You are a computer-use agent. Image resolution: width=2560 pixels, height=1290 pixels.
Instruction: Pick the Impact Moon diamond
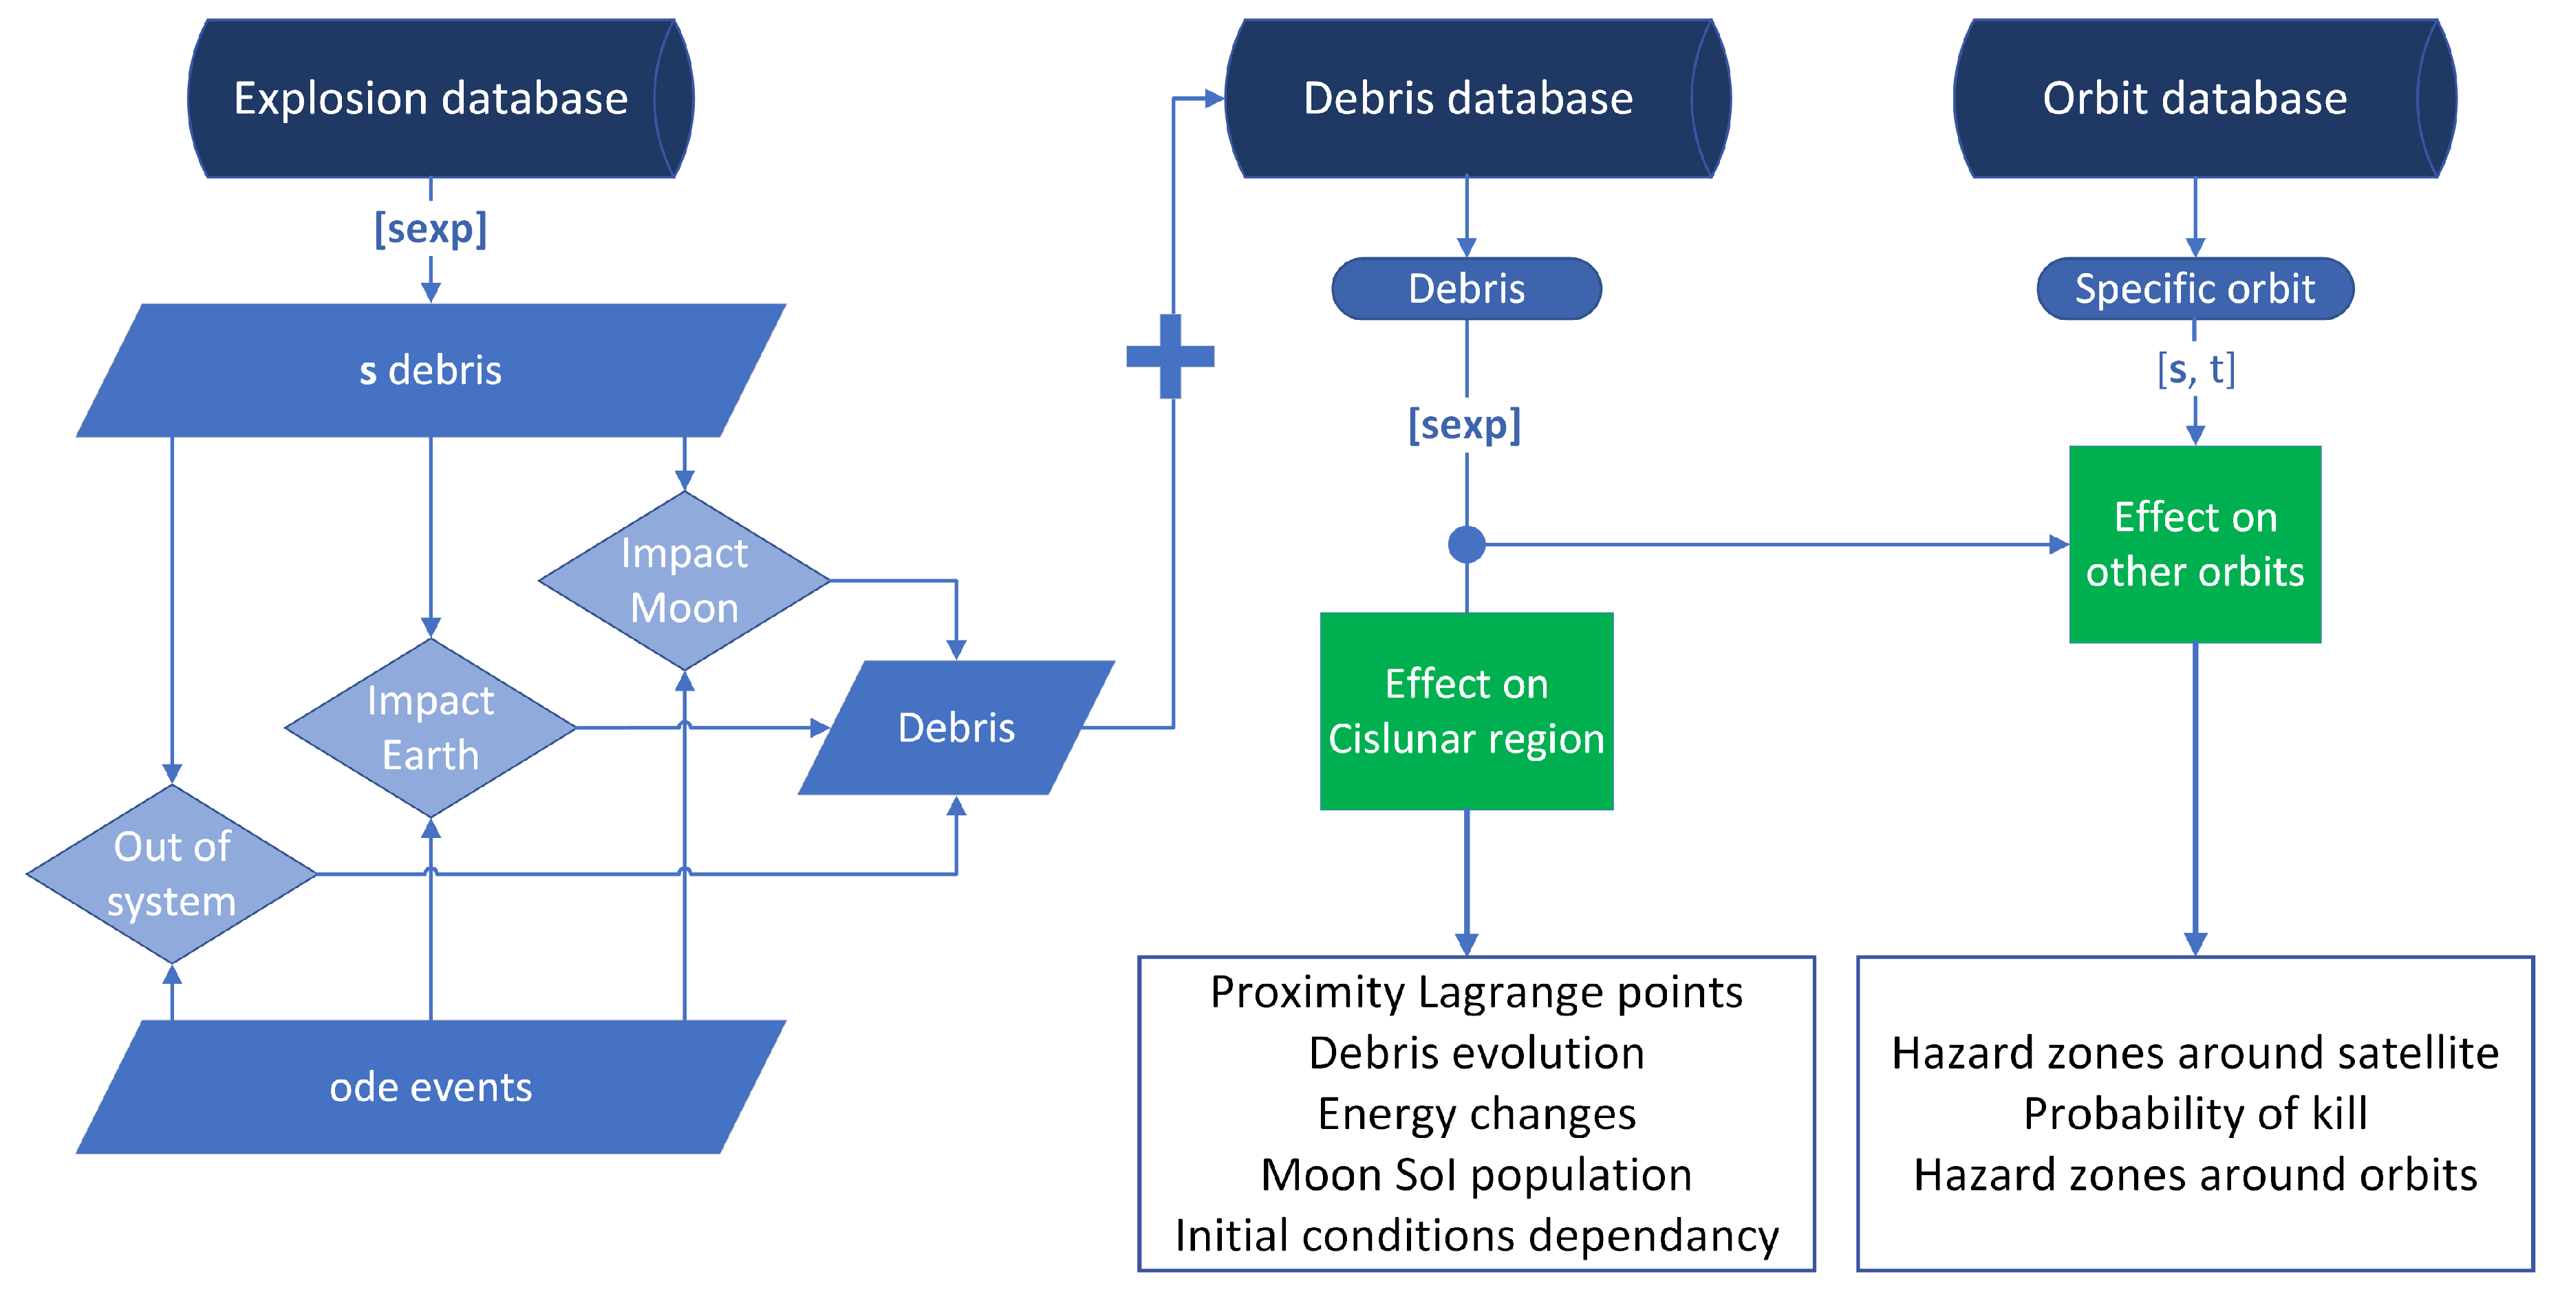click(684, 581)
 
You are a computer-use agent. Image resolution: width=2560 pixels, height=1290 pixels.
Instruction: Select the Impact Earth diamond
click(430, 727)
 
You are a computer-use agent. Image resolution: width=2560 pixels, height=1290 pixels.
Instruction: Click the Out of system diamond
click(172, 874)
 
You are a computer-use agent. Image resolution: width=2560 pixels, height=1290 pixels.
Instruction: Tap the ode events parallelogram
click(430, 1086)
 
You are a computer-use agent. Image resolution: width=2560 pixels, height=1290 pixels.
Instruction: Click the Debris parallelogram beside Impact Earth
click(956, 727)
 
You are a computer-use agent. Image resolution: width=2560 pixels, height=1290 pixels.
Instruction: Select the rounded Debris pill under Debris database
click(1466, 289)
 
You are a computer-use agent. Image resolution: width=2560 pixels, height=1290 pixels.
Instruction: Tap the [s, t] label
click(2195, 369)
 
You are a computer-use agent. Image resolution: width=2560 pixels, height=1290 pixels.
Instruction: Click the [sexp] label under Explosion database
click(430, 228)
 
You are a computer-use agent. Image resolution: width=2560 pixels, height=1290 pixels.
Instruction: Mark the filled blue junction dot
click(1466, 545)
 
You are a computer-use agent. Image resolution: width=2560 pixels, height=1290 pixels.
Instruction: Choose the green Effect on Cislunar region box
click(1466, 711)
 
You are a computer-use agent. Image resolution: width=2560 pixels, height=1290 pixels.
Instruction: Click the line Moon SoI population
click(1476, 1174)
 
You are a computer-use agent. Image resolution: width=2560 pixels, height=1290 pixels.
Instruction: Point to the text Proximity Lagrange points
click(1476, 992)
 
